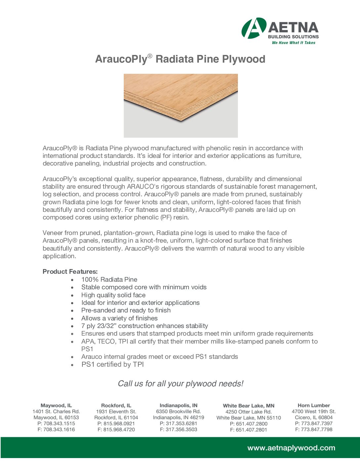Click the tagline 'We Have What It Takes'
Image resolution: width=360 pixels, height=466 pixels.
click(x=293, y=43)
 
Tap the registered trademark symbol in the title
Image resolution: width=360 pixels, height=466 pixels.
click(x=150, y=56)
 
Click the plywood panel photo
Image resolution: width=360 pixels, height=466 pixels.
click(x=181, y=105)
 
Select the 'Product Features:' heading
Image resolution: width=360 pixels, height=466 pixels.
click(x=70, y=272)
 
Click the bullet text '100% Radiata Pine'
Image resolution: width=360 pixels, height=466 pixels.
click(x=109, y=280)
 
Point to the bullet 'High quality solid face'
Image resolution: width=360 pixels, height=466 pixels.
click(x=113, y=295)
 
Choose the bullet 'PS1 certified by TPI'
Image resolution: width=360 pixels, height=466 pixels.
click(x=112, y=364)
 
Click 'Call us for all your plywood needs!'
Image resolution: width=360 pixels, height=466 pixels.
click(x=180, y=384)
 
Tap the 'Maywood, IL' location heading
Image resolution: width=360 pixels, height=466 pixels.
click(x=56, y=405)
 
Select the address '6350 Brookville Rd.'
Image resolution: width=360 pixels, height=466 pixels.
click(x=178, y=411)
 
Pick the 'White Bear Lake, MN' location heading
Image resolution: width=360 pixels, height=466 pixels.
click(x=248, y=406)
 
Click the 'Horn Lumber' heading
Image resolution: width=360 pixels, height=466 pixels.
click(x=314, y=405)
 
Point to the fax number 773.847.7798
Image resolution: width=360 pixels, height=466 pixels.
click(x=317, y=430)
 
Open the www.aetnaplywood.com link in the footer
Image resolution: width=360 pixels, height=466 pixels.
click(x=291, y=448)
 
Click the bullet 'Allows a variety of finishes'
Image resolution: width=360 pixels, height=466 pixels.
click(x=119, y=318)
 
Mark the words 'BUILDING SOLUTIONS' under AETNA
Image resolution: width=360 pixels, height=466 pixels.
click(x=293, y=37)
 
